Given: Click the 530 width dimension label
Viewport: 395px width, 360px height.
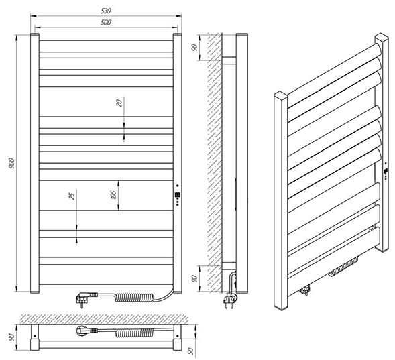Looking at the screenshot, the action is pyautogui.click(x=106, y=11).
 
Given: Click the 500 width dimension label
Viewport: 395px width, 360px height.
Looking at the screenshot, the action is pyautogui.click(x=106, y=22).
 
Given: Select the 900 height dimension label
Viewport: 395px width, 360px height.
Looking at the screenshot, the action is pyautogui.click(x=11, y=163).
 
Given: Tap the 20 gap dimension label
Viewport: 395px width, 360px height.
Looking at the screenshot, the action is pyautogui.click(x=119, y=103).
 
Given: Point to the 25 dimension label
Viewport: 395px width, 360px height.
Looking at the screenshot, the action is pyautogui.click(x=72, y=196).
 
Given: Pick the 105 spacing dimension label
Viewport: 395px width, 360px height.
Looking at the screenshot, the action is pyautogui.click(x=113, y=194).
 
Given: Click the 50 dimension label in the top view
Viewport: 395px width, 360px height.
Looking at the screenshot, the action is pyautogui.click(x=191, y=350).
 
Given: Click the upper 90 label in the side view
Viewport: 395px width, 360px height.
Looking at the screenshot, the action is pyautogui.click(x=194, y=48).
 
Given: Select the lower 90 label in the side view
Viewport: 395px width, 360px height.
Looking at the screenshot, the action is pyautogui.click(x=194, y=278).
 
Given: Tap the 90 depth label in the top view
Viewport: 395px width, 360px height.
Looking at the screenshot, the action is pyautogui.click(x=11, y=337).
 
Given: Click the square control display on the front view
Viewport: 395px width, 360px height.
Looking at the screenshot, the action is pyautogui.click(x=177, y=195).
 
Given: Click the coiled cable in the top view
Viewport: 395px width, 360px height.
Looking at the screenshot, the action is pyautogui.click(x=134, y=333).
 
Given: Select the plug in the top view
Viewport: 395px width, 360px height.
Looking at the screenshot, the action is pyautogui.click(x=86, y=331).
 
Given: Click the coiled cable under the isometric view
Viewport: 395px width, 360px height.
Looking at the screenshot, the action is pyautogui.click(x=343, y=267).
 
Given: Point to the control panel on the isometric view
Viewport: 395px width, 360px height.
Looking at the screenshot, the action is pyautogui.click(x=386, y=171).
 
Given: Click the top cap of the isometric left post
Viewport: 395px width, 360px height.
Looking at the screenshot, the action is pyautogui.click(x=280, y=96).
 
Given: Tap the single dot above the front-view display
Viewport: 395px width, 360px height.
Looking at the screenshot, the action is pyautogui.click(x=177, y=186).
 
